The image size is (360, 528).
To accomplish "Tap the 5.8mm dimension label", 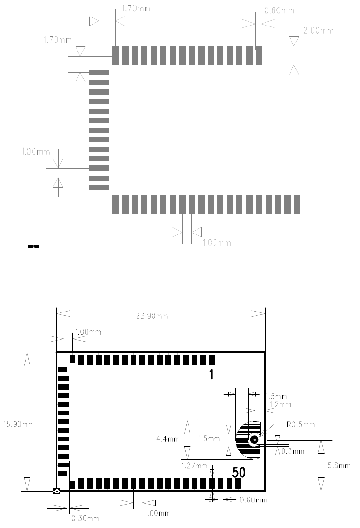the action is tap(339, 466).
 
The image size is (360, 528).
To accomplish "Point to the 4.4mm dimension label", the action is tap(168, 439).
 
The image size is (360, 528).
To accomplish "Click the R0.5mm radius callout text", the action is tap(300, 424).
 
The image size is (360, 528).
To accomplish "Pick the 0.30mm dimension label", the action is tap(85, 519).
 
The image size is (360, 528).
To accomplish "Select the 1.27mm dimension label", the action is tap(195, 466).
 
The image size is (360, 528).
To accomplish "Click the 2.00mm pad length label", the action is tap(318, 31).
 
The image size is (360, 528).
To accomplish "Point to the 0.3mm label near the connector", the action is tap(293, 451).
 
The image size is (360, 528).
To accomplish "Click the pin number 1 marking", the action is tap(211, 375).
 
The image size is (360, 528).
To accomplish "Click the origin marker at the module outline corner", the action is tap(57, 492).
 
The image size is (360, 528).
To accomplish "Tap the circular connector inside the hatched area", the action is tap(254, 440).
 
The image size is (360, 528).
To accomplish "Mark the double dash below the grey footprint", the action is tap(34, 246).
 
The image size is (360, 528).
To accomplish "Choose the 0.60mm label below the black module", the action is tap(253, 500).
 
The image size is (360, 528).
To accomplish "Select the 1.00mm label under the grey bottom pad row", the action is tap(216, 243).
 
